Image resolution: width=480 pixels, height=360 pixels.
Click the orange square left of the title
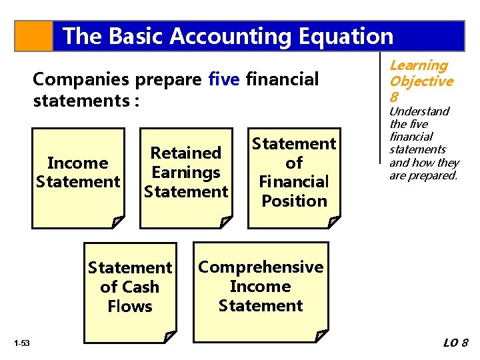coord(33,36)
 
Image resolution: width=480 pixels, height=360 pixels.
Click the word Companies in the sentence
coord(81,79)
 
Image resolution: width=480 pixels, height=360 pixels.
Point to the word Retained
coord(186,153)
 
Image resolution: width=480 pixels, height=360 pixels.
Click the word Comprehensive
coord(261,267)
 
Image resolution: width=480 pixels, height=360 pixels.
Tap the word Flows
coord(130,307)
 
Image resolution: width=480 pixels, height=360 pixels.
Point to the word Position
coord(294,201)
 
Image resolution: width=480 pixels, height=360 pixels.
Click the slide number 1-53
coord(21,343)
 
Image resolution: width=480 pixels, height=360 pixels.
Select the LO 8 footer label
coord(456,343)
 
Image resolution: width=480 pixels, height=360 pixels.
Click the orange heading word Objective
coord(421,81)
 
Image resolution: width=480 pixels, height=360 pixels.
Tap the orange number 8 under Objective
coord(394,97)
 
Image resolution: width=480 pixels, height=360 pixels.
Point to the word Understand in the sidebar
coord(419,111)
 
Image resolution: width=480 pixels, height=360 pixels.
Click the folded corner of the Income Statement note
coord(118,221)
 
